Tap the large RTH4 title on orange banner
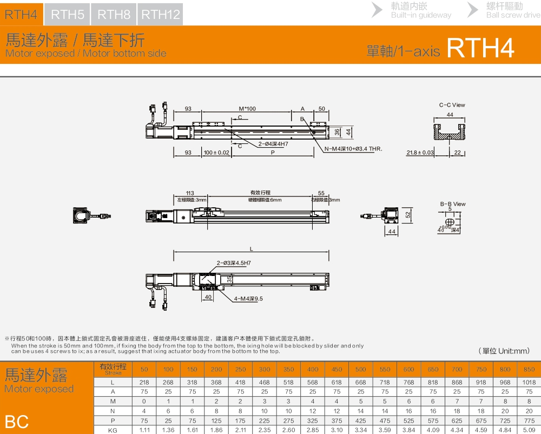tap(480, 49)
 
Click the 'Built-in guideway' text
tap(421, 15)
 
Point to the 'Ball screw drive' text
tap(513, 15)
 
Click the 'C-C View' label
tap(452, 105)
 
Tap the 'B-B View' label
tap(452, 204)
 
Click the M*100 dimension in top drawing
tap(248, 109)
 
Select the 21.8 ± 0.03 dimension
tap(420, 153)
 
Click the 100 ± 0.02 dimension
tap(216, 153)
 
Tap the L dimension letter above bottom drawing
tap(252, 249)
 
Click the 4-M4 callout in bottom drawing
tap(249, 298)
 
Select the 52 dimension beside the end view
tap(408, 215)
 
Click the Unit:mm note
tap(504, 351)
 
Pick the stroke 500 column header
tap(361, 369)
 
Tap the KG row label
tap(113, 430)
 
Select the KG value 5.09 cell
tap(529, 430)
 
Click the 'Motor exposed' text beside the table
tap(39, 389)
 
